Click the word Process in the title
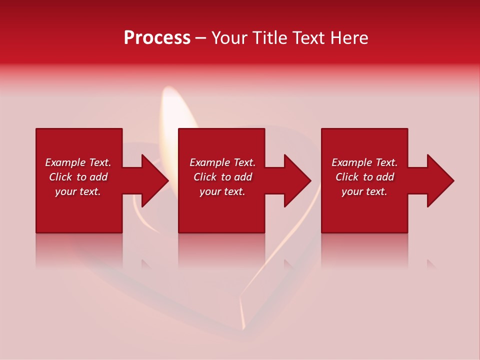click(x=157, y=38)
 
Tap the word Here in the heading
click(x=350, y=38)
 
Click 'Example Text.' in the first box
click(x=78, y=162)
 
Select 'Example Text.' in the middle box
click(x=222, y=162)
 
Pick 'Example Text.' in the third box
click(x=364, y=162)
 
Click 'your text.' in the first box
click(x=78, y=191)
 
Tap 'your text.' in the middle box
click(x=222, y=191)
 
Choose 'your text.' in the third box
click(x=364, y=191)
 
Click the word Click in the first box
click(x=60, y=177)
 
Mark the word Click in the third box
click(x=347, y=177)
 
